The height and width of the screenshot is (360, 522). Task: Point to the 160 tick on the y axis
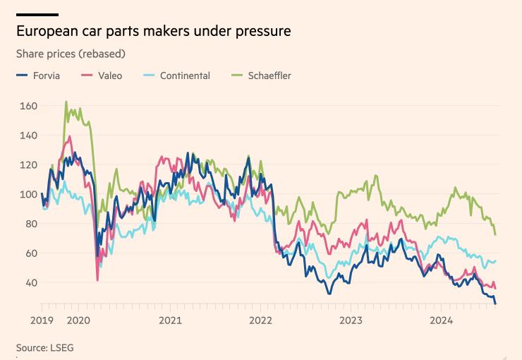coord(28,106)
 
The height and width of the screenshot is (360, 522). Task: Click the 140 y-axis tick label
coord(28,135)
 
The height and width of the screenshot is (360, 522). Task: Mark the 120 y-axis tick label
coord(28,164)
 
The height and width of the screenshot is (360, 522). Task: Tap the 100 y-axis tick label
coord(28,194)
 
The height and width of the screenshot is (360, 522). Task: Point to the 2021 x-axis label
coord(170,320)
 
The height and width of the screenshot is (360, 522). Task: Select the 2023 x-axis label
coord(351,320)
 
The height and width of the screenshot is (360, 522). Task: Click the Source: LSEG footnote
coord(45,347)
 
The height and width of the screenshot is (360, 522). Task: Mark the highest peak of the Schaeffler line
coord(66,102)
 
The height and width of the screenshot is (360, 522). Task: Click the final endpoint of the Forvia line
coord(495,304)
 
